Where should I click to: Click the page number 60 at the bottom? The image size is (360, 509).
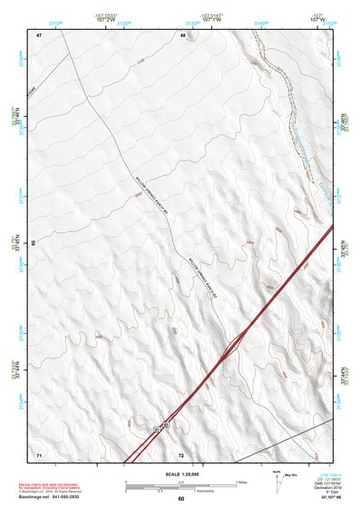pos(180,499)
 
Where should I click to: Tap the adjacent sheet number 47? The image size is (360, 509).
pos(39,34)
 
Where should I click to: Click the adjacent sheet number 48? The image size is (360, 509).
pos(182,34)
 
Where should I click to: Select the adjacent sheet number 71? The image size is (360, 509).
pos(38,453)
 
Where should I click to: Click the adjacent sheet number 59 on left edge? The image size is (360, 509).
pos(34,243)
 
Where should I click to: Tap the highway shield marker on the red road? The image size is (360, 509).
pos(161,426)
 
